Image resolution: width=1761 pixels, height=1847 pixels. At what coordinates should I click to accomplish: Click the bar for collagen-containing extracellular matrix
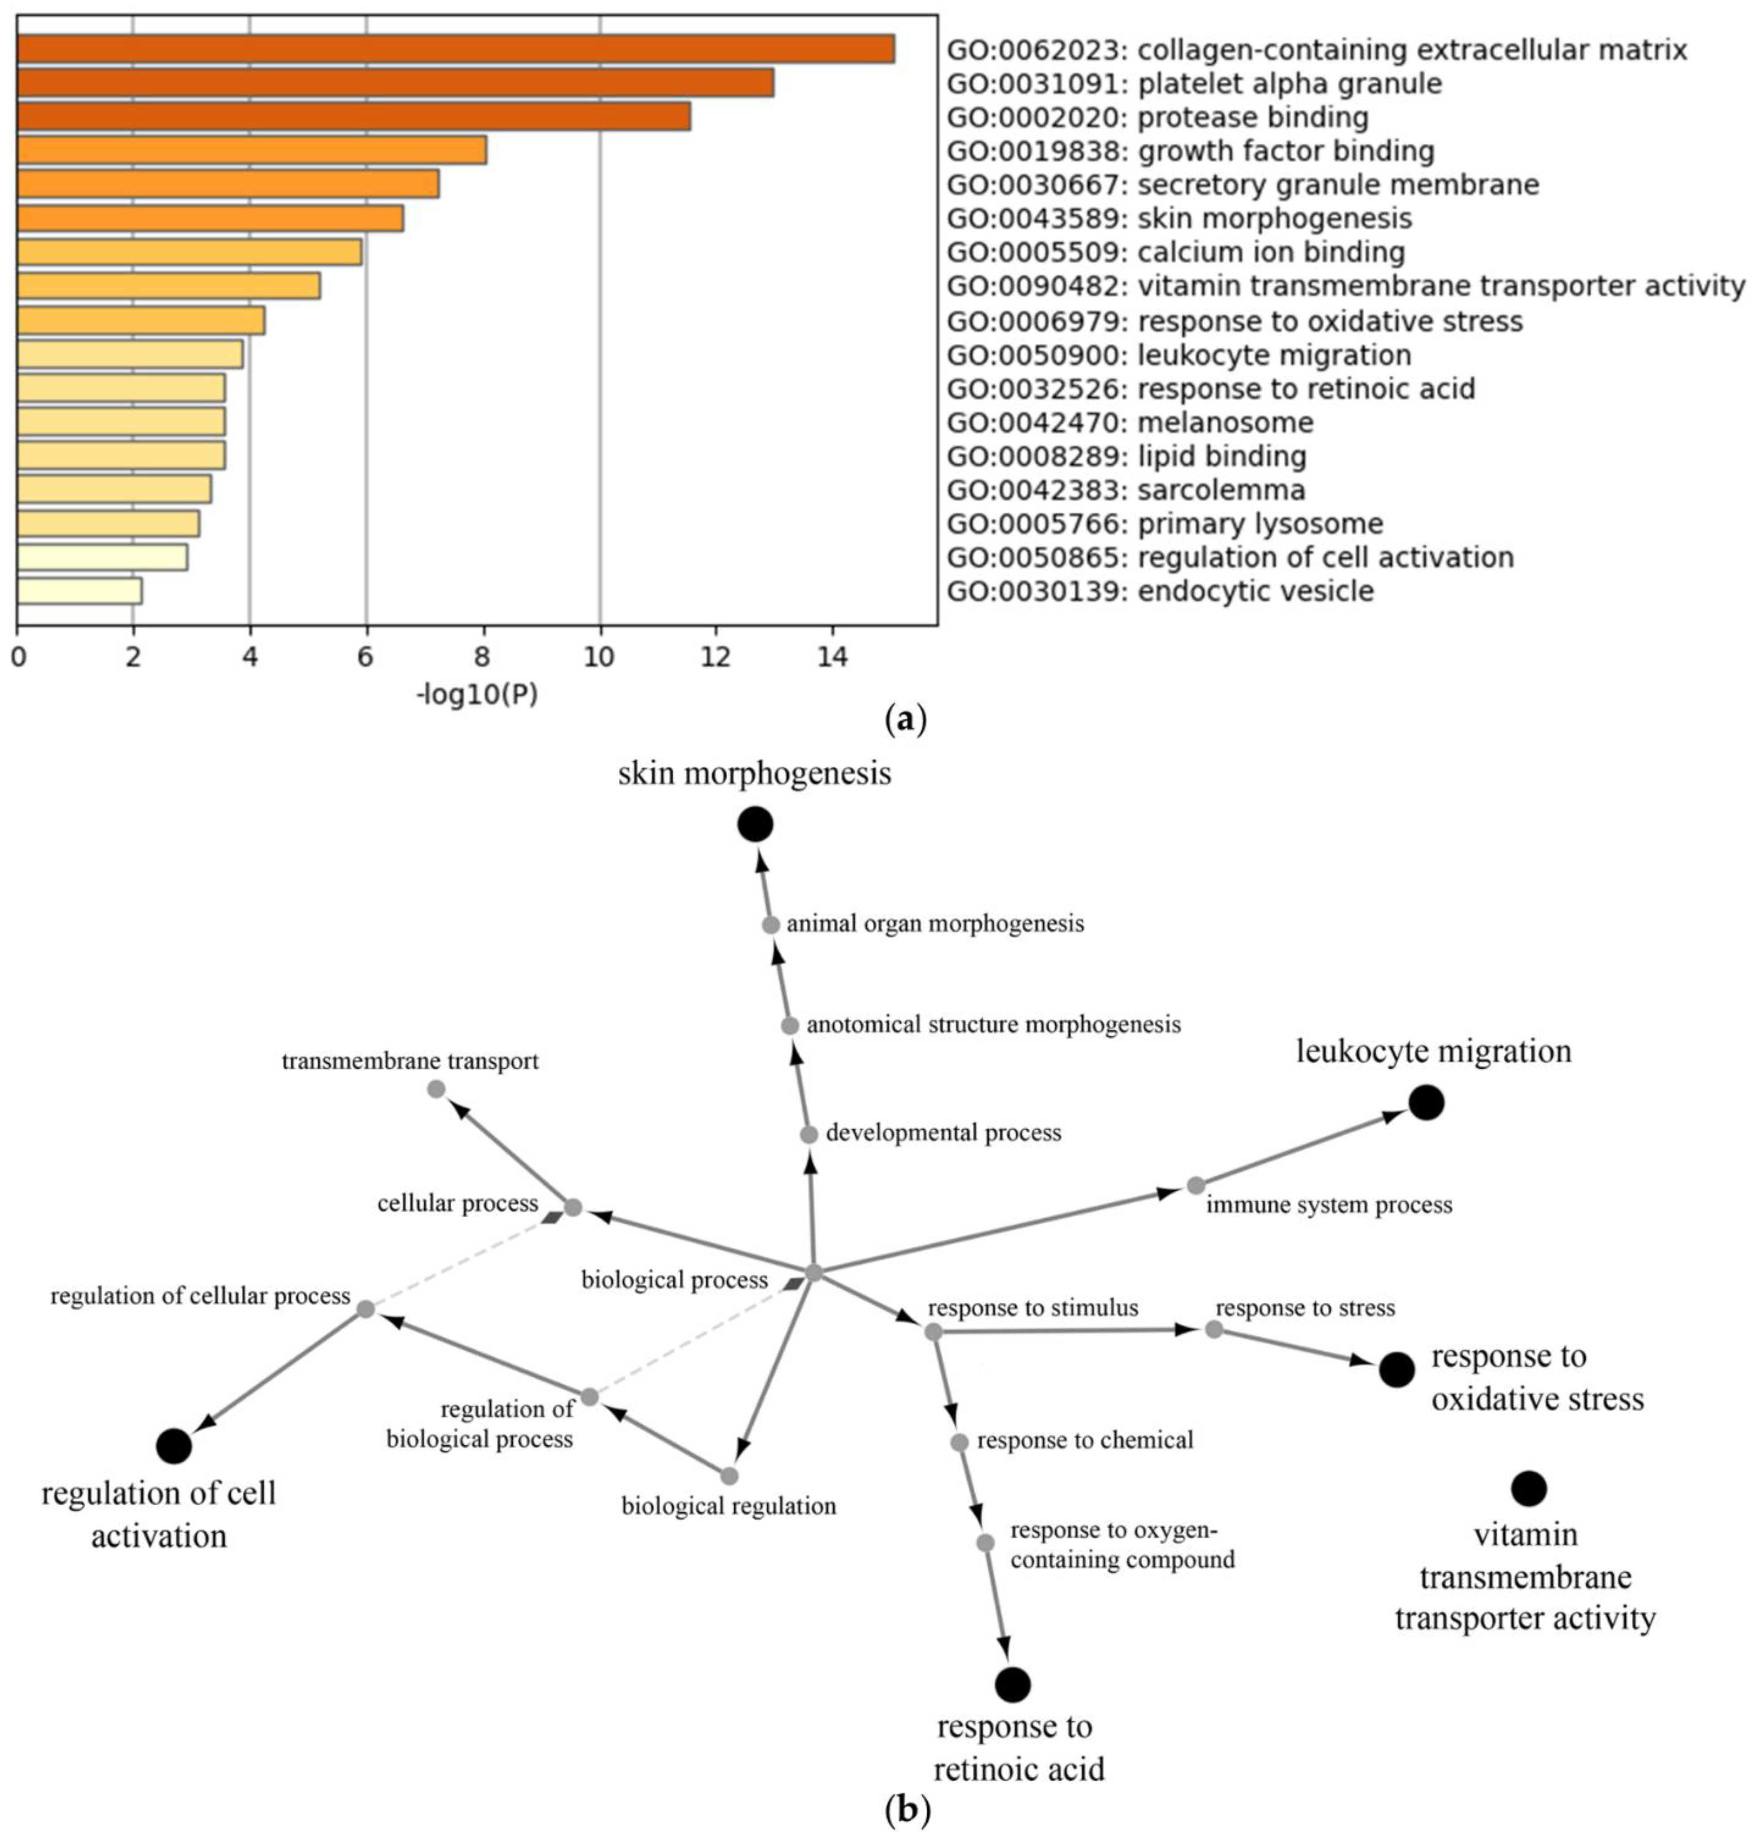click(x=455, y=49)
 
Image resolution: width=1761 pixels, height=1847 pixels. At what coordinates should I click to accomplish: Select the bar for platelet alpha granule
click(x=394, y=83)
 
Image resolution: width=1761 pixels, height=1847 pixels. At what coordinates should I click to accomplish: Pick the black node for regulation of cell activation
click(x=174, y=1446)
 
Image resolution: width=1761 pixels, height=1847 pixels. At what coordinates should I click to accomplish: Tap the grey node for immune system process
click(x=1195, y=1186)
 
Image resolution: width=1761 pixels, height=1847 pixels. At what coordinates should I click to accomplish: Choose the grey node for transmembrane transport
click(x=436, y=1089)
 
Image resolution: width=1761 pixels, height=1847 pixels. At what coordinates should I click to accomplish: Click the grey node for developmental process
click(x=808, y=1134)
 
